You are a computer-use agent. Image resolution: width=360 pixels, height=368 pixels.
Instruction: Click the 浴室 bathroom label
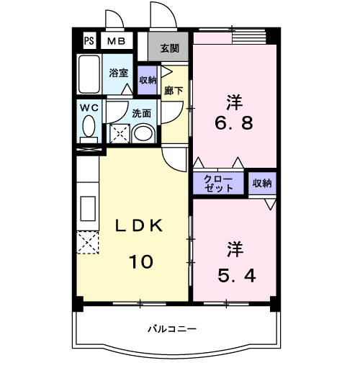pos(119,73)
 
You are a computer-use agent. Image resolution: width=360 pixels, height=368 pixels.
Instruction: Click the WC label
pos(89,108)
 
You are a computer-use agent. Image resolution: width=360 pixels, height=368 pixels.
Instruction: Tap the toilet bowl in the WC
pos(89,130)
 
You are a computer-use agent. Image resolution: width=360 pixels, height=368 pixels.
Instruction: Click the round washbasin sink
pos(144,133)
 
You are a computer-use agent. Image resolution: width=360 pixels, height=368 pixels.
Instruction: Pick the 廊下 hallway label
pos(174,90)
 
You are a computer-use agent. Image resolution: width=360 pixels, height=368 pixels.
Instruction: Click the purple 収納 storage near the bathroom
pos(148,80)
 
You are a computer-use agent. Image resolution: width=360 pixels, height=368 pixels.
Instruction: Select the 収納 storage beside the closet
pos(262,183)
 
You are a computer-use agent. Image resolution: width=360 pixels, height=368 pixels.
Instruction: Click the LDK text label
pos(141,226)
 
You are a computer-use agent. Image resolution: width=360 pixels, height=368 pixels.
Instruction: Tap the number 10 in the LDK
pos(141,261)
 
